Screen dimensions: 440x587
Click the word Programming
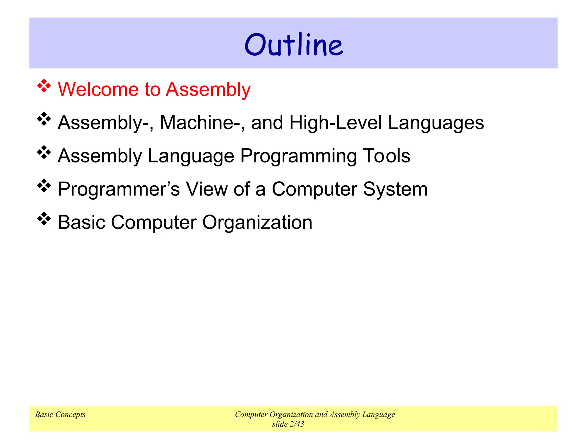(x=298, y=156)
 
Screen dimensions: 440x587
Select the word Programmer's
(x=119, y=190)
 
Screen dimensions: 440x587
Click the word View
(x=207, y=189)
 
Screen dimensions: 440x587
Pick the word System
(x=395, y=190)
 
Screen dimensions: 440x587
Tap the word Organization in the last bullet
(x=257, y=223)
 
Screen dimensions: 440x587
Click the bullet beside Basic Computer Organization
(x=44, y=219)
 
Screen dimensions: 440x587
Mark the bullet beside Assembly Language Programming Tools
(x=44, y=152)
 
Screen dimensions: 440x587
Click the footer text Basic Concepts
(x=60, y=415)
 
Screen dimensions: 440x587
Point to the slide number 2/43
(x=297, y=424)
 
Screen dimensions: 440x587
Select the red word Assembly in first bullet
(x=208, y=90)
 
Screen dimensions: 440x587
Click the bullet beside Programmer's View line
(x=44, y=186)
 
